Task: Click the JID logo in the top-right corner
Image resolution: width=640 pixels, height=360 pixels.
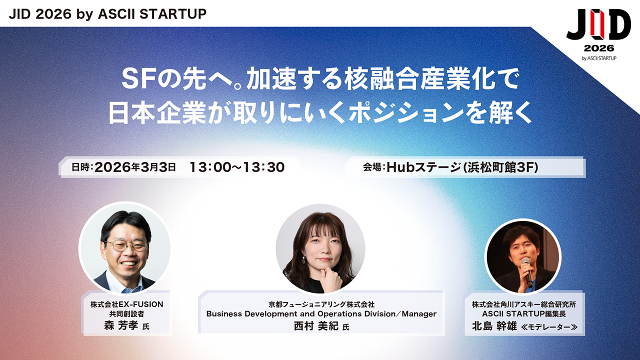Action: (599, 35)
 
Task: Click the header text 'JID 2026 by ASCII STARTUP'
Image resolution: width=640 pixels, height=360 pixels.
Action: (107, 13)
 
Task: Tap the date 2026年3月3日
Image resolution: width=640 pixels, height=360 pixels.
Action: (135, 167)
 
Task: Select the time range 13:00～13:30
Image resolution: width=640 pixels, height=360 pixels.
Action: (237, 167)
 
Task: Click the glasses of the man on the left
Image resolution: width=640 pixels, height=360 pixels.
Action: (126, 245)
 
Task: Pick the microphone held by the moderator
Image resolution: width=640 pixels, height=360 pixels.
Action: (527, 272)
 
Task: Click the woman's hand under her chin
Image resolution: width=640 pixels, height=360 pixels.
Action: (331, 277)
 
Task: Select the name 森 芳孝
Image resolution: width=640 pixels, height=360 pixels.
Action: (121, 325)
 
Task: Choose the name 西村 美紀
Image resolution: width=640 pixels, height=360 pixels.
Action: (316, 325)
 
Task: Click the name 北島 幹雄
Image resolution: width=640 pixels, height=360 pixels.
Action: (494, 326)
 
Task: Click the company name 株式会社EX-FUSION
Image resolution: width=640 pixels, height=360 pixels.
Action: (127, 304)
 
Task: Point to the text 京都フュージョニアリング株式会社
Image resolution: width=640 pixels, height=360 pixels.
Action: (321, 304)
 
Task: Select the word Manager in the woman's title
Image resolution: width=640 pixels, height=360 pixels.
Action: (419, 314)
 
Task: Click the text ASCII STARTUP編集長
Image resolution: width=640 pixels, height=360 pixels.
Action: (524, 313)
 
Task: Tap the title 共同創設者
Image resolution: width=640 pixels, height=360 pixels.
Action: (127, 313)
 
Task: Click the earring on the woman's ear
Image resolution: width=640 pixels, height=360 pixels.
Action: (303, 259)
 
